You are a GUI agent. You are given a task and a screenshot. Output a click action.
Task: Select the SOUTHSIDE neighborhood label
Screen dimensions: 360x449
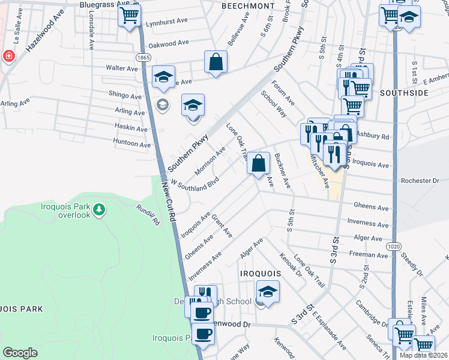pyautogui.click(x=403, y=93)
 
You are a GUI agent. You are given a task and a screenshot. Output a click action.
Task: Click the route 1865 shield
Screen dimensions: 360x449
pyautogui.click(x=143, y=57)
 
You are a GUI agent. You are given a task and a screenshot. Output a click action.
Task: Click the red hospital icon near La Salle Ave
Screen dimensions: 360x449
pyautogui.click(x=9, y=56)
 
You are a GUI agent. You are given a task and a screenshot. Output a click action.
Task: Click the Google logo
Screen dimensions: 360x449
pyautogui.click(x=20, y=353)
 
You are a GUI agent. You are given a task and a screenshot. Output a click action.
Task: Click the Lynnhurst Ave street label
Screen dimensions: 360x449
pyautogui.click(x=167, y=25)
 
